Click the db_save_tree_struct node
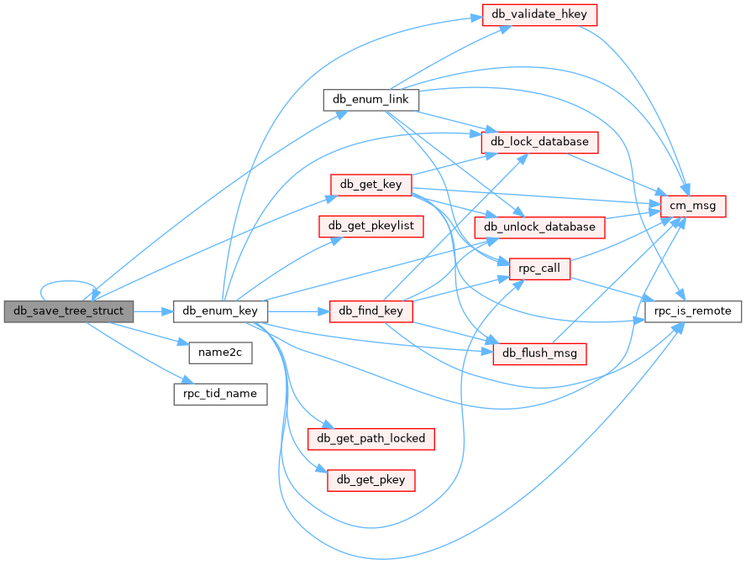coord(68,311)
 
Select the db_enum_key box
coord(220,311)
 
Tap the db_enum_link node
coord(370,99)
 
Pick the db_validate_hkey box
coord(539,14)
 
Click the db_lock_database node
coord(539,141)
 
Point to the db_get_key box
coord(370,184)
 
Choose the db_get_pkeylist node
coord(370,226)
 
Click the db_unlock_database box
coord(539,226)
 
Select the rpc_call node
coord(539,269)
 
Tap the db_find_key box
coord(370,311)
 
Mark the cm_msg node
coord(693,205)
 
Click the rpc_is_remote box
coord(693,311)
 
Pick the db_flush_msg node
coord(539,353)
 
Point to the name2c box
coord(220,352)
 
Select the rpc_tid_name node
coord(220,394)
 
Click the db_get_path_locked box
coord(370,437)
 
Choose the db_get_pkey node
coord(370,480)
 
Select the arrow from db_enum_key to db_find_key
coord(298,311)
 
